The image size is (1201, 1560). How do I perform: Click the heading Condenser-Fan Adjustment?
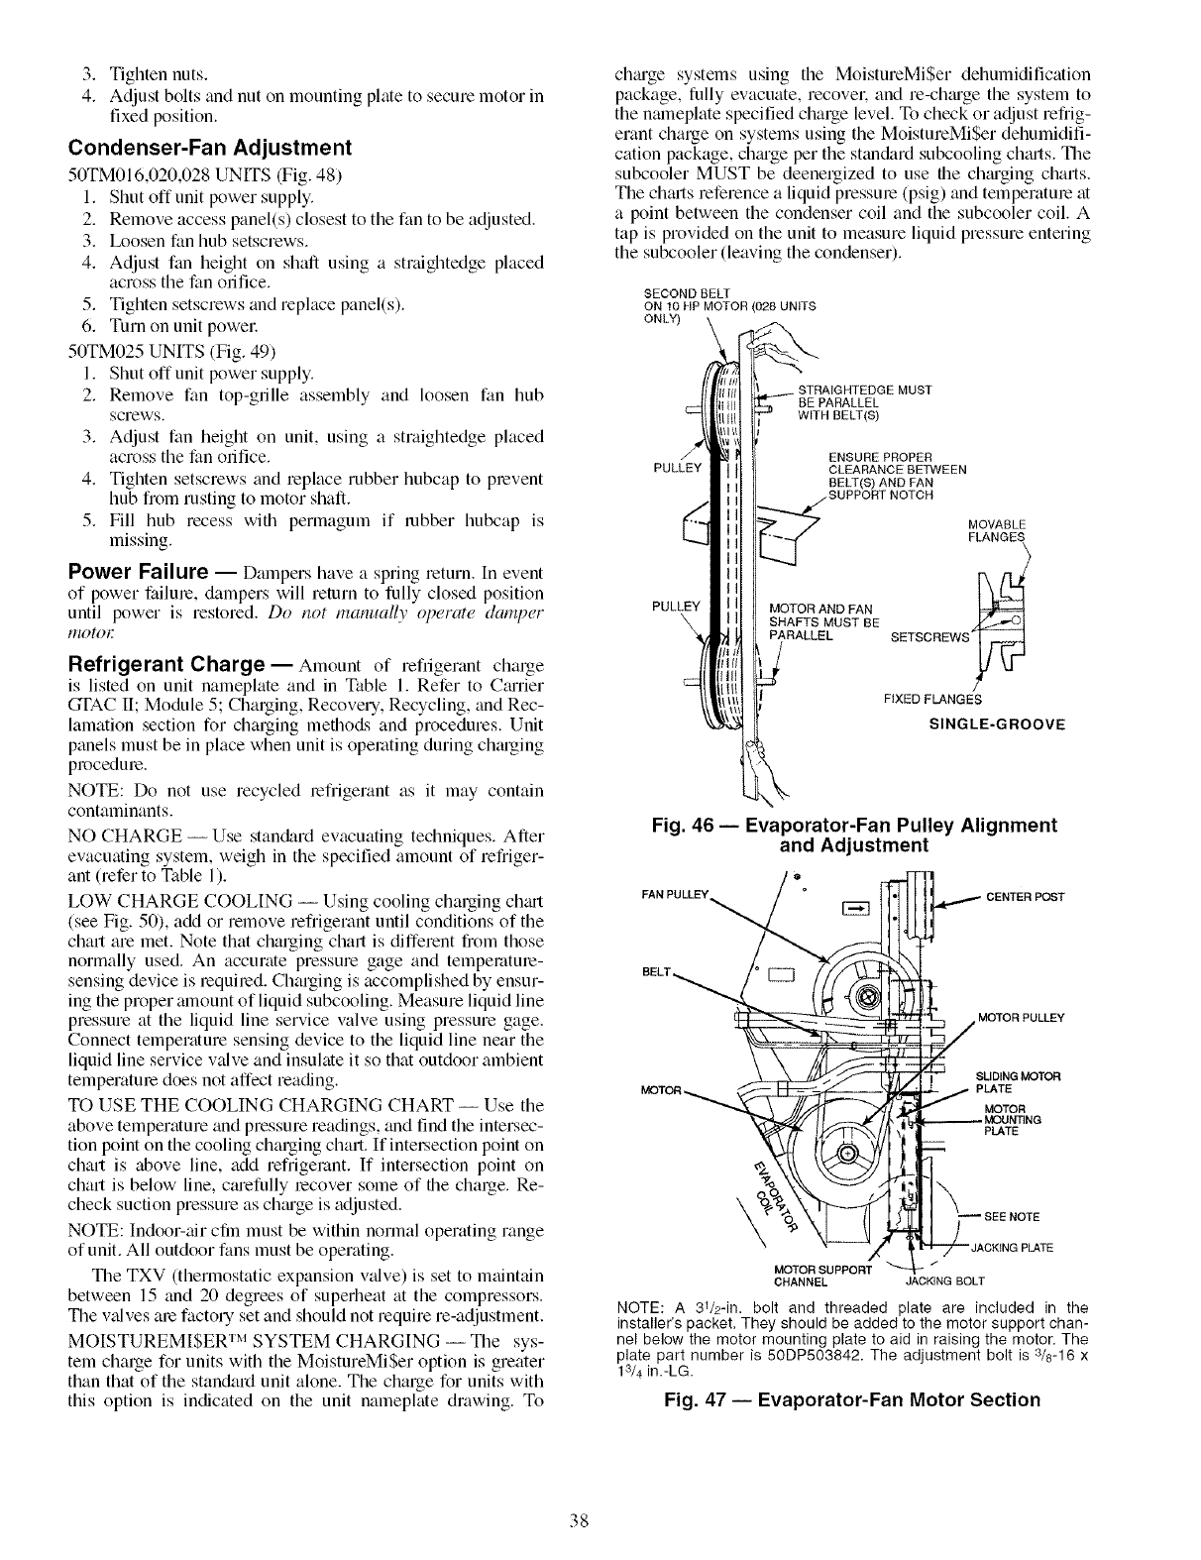(209, 149)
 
